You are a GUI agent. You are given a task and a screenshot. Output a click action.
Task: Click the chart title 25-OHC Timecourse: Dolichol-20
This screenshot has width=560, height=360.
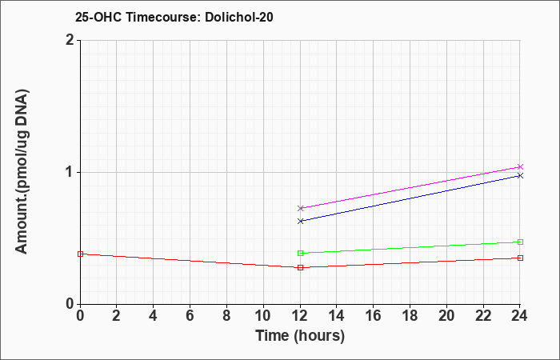(x=174, y=17)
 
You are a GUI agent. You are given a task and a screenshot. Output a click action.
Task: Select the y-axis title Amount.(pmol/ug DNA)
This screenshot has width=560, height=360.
(x=22, y=172)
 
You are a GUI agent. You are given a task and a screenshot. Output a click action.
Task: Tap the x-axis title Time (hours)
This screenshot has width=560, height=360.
(x=300, y=336)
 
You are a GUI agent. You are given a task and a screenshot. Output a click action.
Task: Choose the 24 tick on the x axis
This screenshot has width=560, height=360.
(x=520, y=316)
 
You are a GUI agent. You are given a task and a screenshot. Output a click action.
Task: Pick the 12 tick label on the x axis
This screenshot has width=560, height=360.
(x=300, y=316)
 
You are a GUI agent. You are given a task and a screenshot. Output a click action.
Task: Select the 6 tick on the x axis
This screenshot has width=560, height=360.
(x=190, y=316)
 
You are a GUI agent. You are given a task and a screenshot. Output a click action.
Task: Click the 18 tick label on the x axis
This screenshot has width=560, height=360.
(x=410, y=316)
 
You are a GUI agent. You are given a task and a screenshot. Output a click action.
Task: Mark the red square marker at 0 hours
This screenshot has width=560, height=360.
(x=80, y=254)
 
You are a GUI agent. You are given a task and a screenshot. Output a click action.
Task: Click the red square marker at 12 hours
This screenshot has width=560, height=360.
(x=300, y=267)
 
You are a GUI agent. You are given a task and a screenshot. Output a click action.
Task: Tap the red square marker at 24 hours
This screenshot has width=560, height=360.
(x=520, y=258)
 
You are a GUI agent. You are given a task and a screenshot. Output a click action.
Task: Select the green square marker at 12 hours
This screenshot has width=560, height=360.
(x=300, y=254)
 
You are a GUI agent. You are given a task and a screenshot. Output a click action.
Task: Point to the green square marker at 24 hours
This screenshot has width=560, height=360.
(x=520, y=242)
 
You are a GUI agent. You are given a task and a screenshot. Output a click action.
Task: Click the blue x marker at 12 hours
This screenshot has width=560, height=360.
(x=300, y=221)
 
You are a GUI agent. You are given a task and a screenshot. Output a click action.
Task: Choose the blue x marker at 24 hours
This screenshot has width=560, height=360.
(x=520, y=175)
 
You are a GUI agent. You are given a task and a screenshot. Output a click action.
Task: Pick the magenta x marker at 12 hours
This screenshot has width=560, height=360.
(x=300, y=208)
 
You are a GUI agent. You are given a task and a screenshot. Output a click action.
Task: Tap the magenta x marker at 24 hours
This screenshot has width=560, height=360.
(x=520, y=166)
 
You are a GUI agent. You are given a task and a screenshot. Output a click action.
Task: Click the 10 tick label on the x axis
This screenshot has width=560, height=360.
(x=263, y=316)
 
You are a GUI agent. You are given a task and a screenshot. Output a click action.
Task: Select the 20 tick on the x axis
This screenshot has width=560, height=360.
(x=446, y=316)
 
